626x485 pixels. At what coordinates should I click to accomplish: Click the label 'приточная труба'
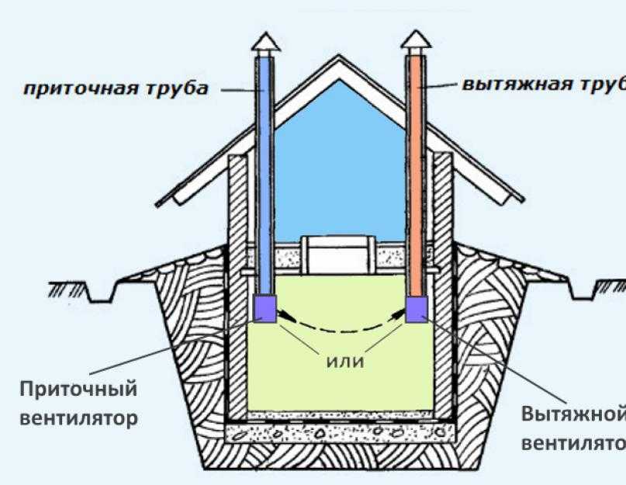(x=114, y=88)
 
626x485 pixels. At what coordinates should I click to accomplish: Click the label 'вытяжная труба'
(x=543, y=84)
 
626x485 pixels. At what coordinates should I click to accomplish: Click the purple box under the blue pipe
(x=264, y=309)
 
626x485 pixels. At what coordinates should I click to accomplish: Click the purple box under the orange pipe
(x=416, y=308)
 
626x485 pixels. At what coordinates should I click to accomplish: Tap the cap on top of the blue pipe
(x=264, y=40)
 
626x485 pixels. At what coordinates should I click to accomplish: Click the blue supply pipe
(x=264, y=171)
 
